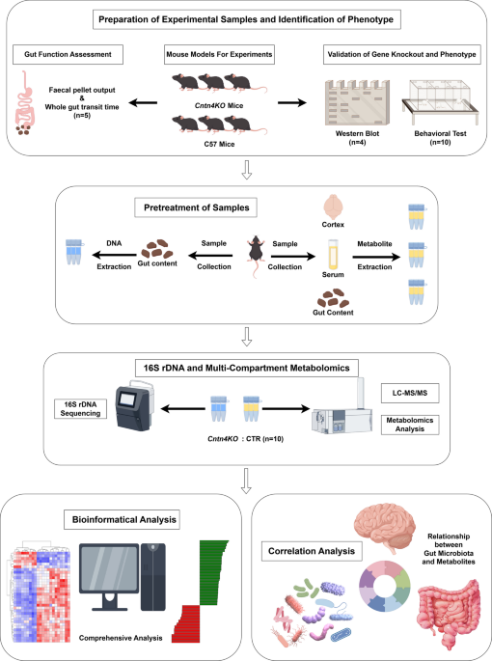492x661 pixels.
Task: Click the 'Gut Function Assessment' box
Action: (68, 54)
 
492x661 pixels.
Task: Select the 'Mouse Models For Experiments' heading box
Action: (219, 54)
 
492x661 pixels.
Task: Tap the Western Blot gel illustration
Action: (357, 102)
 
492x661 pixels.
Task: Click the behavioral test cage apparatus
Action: (440, 102)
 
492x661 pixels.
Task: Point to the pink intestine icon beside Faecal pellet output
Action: (23, 103)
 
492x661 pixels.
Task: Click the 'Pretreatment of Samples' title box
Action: (196, 207)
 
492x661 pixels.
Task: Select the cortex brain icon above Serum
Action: (333, 207)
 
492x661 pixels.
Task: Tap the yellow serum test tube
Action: (333, 255)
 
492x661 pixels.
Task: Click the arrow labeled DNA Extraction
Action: (114, 255)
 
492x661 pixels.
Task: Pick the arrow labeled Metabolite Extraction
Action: (376, 257)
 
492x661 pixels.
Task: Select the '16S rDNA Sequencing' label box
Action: (80, 409)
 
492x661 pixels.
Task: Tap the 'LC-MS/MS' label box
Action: (410, 393)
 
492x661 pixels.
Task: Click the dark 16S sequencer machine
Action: (134, 405)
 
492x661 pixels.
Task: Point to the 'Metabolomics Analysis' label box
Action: (410, 425)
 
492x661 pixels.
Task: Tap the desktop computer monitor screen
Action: (109, 571)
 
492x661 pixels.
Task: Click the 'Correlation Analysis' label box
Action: (312, 551)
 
